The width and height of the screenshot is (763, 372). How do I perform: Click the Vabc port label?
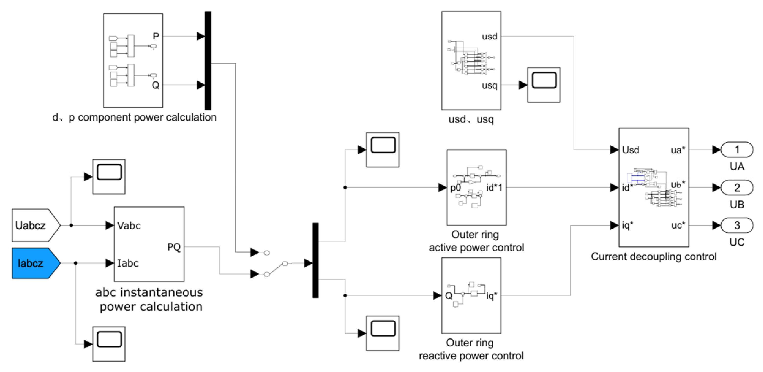pos(129,226)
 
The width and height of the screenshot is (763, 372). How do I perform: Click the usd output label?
pos(489,37)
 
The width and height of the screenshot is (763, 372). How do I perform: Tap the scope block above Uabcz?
pos(109,177)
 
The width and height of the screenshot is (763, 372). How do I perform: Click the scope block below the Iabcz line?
pos(109,344)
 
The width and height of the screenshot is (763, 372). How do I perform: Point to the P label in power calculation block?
pos(156,36)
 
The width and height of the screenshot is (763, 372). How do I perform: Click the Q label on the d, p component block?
pos(155,85)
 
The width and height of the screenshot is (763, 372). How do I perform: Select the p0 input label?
pos(456,188)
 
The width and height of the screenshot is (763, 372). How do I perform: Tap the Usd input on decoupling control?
pos(631,150)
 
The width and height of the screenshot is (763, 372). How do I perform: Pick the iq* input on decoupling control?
pos(627,225)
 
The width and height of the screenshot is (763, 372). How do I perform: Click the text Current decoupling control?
pos(653,257)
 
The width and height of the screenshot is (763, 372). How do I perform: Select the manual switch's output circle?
pos(285,263)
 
